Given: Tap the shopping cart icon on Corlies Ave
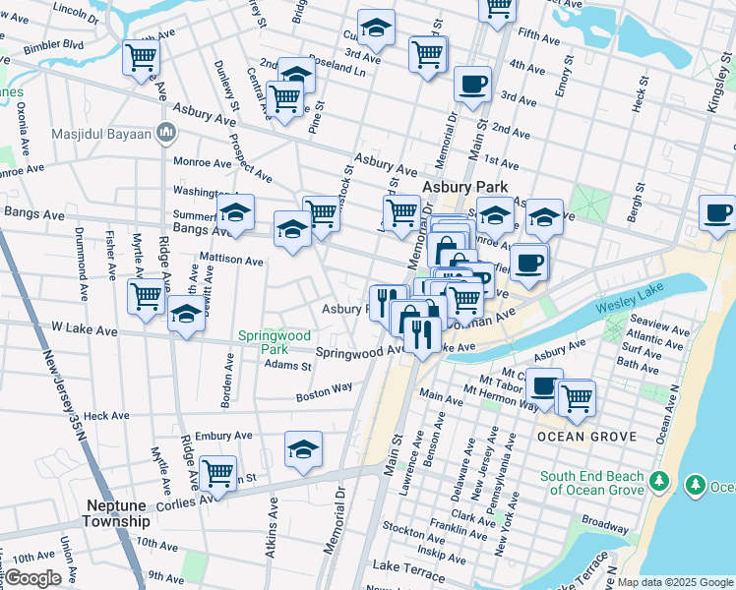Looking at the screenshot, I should point(217,473).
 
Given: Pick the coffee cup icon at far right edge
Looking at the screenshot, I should point(717,212).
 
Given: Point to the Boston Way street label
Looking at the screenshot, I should point(325,392).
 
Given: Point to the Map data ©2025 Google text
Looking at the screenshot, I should point(674,582).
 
